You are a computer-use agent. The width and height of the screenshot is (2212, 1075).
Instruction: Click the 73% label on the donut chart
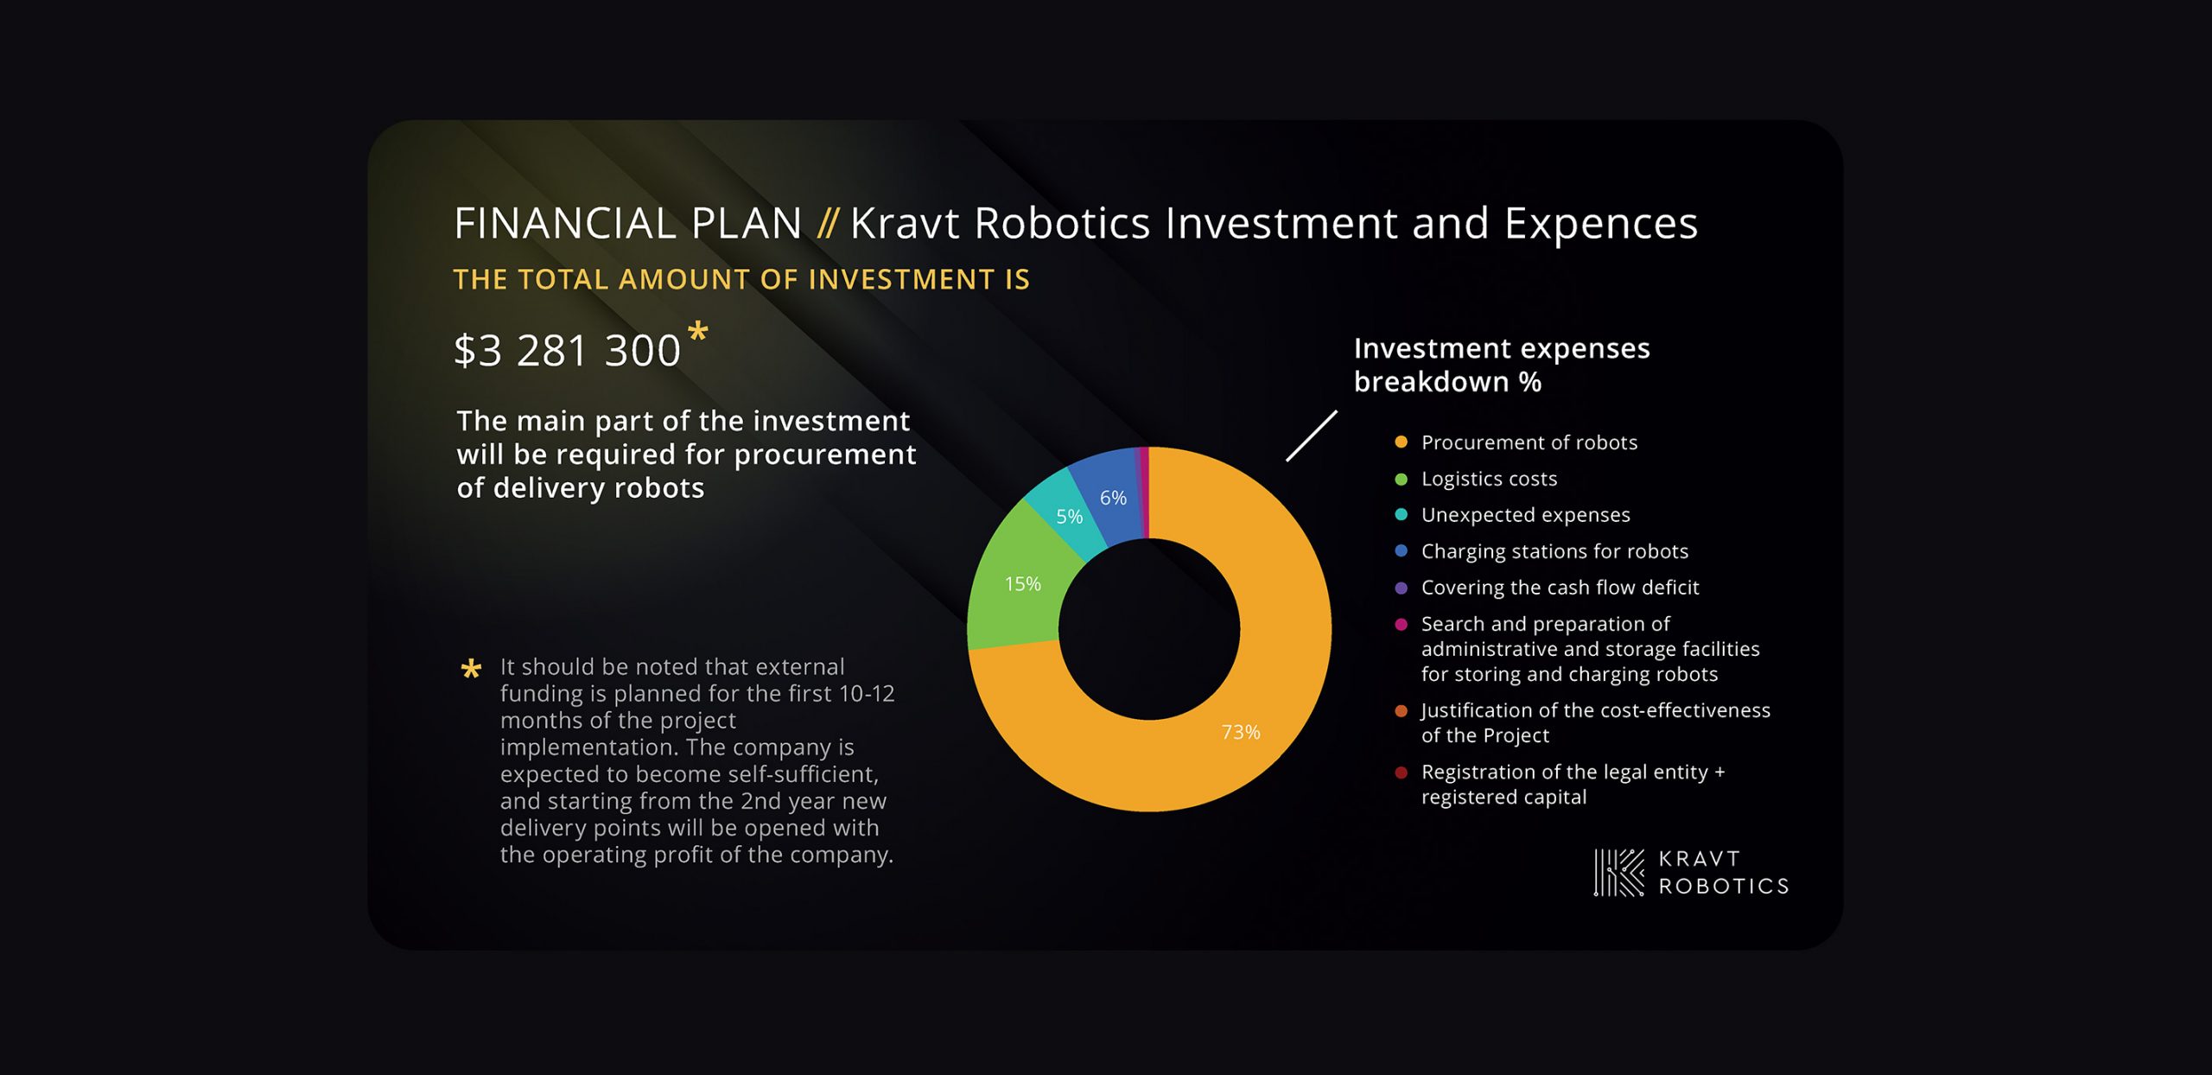click(x=1241, y=732)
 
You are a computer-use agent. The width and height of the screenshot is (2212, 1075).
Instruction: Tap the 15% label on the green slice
click(x=1022, y=584)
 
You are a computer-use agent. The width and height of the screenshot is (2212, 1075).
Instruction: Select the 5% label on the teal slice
click(x=1070, y=517)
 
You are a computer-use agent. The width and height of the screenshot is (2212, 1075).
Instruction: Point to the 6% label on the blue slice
click(x=1113, y=498)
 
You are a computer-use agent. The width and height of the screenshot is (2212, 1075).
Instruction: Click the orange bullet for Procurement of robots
click(x=1402, y=442)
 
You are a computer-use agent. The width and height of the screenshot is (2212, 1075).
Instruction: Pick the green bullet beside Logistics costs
click(x=1402, y=479)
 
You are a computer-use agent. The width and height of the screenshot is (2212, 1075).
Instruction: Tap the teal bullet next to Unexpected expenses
click(x=1402, y=515)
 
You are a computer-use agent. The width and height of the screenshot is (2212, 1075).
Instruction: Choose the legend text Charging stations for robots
click(x=1554, y=551)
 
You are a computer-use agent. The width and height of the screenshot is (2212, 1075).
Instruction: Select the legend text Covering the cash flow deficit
click(x=1560, y=588)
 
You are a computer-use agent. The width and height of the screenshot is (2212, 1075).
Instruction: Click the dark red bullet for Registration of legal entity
click(x=1402, y=773)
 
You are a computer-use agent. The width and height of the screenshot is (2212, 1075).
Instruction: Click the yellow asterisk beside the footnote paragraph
click(x=471, y=669)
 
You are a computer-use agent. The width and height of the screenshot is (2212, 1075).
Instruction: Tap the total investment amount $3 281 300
click(x=568, y=351)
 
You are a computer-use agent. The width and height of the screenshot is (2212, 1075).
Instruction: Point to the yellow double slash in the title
click(x=827, y=223)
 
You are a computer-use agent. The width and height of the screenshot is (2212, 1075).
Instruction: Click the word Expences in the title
click(x=1601, y=225)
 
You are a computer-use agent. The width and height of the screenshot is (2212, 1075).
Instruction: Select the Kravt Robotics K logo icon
click(x=1618, y=873)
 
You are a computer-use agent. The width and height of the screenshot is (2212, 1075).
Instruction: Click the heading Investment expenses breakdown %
click(x=1502, y=365)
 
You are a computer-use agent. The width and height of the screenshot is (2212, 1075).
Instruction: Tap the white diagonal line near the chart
click(x=1312, y=436)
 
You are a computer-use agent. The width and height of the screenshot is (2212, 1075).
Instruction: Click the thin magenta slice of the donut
click(x=1144, y=493)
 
